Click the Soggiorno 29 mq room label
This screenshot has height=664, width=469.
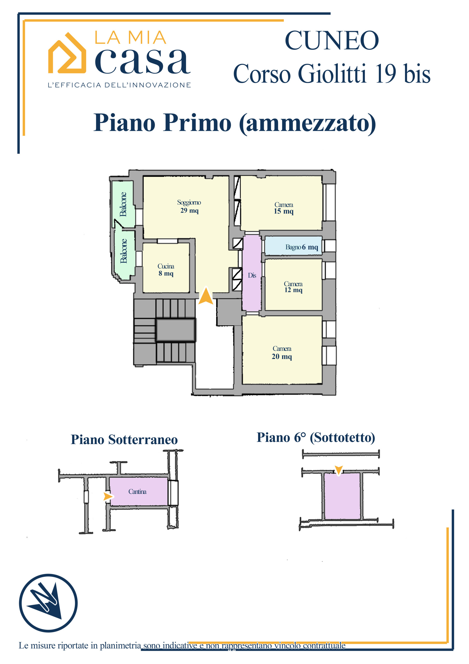pos(189,206)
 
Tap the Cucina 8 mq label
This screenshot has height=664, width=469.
pos(166,269)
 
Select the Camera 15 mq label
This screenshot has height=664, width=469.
pos(283,208)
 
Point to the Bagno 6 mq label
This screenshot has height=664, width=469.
pos(301,247)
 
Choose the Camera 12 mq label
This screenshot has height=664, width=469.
pos(293,287)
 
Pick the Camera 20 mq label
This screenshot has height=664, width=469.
pos(282,352)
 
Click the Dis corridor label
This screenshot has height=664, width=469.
pos(252,275)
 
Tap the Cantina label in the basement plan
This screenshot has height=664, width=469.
pos(137,491)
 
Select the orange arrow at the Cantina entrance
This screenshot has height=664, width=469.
pos(108,496)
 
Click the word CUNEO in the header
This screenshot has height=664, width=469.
pos(331,40)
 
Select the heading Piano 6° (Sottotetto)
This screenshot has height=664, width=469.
pos(316,438)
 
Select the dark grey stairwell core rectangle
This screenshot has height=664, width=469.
pos(175,330)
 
